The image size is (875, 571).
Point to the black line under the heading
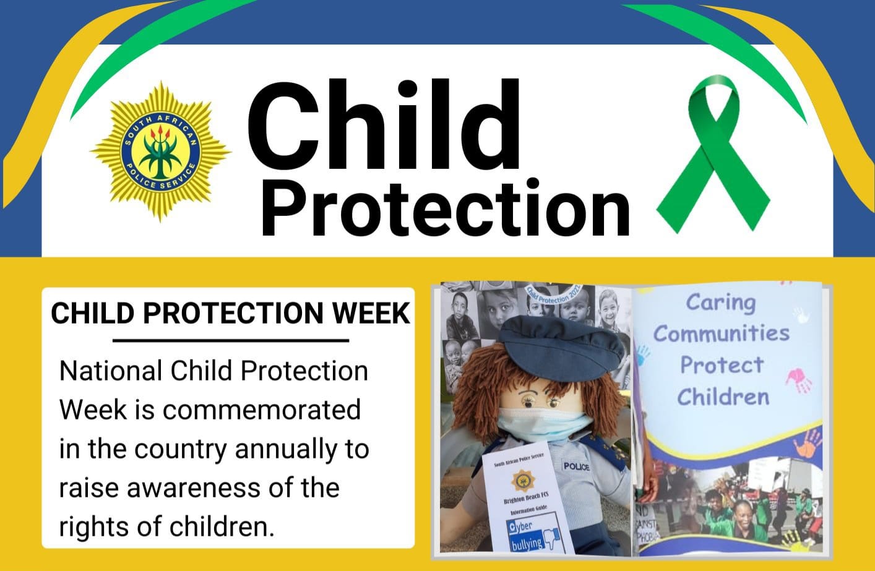231,340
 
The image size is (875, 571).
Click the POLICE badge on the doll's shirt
576,466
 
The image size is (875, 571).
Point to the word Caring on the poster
721,303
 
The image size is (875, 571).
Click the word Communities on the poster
722,334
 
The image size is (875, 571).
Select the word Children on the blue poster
723,397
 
